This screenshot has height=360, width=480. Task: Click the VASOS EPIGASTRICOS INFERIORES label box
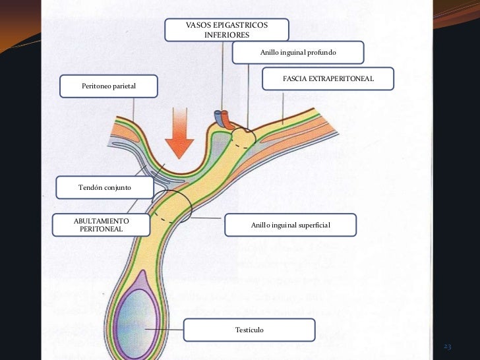coord(226,29)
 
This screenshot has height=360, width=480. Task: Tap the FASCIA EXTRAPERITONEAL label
coord(328,78)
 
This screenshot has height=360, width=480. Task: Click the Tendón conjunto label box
coord(105,188)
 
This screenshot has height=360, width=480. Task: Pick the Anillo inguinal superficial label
coord(290,225)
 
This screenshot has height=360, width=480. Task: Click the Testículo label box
coord(249,329)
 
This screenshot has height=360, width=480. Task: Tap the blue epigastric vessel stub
coord(218,118)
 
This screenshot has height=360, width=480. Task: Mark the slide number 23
coord(447,347)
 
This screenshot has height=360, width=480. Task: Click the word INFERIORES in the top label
coord(226,34)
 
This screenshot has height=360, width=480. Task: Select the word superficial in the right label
coord(314,225)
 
